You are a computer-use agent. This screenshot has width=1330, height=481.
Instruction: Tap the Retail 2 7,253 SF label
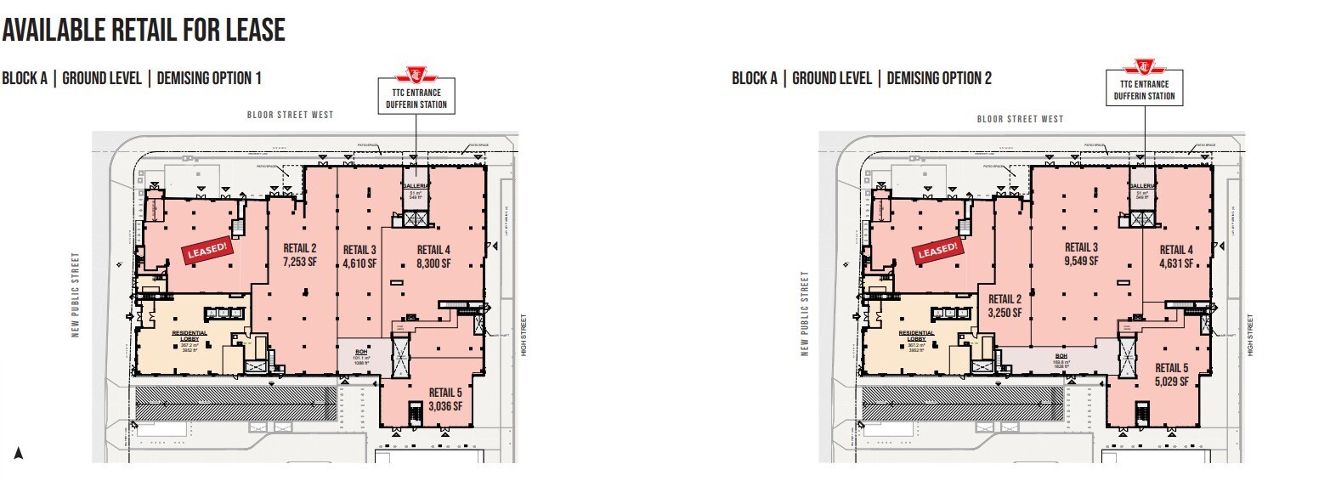tap(300, 256)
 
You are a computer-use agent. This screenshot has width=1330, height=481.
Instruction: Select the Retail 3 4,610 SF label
tap(359, 256)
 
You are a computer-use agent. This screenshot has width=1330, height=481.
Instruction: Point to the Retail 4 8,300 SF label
tap(433, 256)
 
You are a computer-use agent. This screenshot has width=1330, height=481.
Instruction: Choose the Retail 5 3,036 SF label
tap(445, 399)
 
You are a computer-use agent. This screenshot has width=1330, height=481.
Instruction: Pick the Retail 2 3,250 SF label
tap(1004, 305)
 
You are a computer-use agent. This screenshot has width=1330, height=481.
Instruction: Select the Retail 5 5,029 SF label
tap(1173, 374)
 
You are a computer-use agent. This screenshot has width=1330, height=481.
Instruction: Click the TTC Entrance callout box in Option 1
tap(416, 95)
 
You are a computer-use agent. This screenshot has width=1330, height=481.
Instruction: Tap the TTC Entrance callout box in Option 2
tap(1145, 90)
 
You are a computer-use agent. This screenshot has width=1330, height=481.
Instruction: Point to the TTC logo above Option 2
tap(1145, 66)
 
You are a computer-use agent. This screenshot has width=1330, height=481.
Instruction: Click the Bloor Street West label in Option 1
tap(291, 115)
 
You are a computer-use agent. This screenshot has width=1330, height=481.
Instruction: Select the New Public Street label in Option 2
tap(804, 313)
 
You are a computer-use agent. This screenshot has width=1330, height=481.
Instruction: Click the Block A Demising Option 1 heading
tap(132, 78)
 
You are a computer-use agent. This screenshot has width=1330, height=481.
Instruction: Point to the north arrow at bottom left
tap(18, 454)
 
